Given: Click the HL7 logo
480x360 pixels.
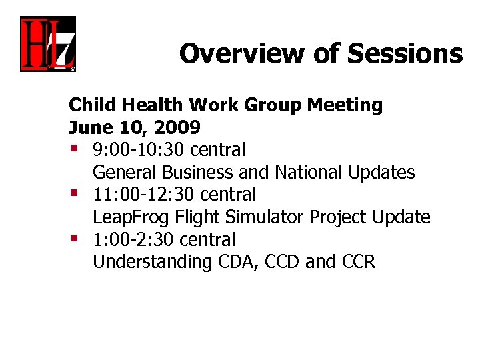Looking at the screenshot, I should pos(47,44).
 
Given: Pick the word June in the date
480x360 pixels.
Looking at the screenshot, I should pos(92,127).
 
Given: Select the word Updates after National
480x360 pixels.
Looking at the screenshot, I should pos(381,173).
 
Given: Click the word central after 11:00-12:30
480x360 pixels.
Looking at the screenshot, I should pos(227,194).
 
